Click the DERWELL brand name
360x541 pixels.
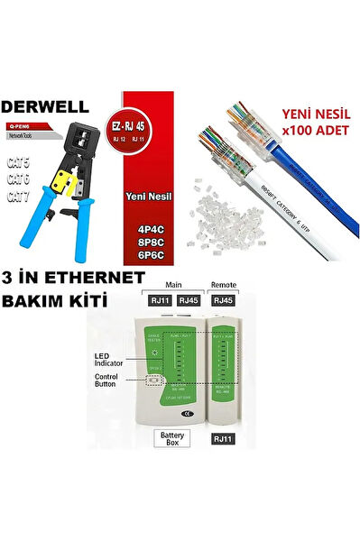pyautogui.click(x=56, y=103)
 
